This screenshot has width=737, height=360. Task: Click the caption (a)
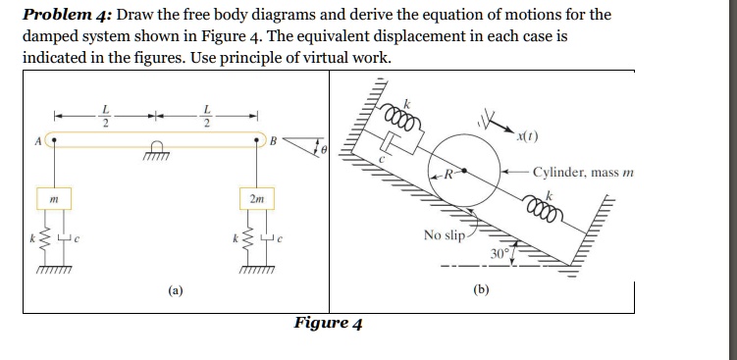[174, 290]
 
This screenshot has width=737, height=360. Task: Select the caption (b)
[481, 290]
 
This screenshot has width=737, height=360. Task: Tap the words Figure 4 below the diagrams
[329, 323]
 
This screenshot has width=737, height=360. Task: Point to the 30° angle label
[501, 252]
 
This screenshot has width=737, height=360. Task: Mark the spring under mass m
[39, 240]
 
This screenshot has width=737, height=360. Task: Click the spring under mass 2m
[240, 240]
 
